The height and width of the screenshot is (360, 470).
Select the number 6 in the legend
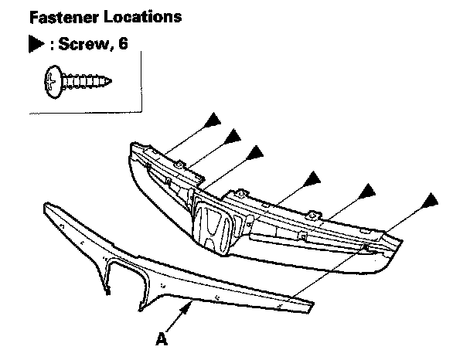point(121,46)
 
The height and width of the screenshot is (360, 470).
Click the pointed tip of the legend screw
point(113,79)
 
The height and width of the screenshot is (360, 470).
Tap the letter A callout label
point(162,338)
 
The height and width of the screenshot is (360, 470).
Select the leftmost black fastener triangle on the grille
point(213,121)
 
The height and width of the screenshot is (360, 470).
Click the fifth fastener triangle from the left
point(368,190)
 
